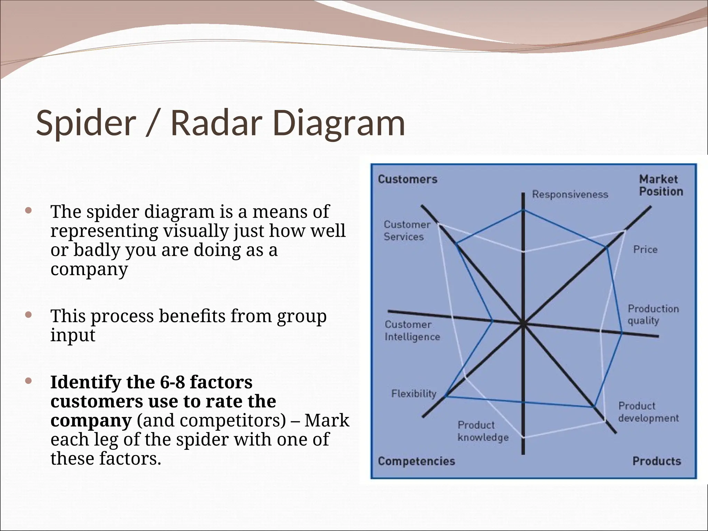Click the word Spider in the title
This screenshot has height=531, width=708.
click(86, 123)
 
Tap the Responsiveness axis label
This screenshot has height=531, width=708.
click(570, 194)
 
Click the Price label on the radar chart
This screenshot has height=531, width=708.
click(645, 250)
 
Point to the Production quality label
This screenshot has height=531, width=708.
click(653, 315)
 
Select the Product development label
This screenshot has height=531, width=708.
click(648, 412)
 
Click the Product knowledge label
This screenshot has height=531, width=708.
click(483, 431)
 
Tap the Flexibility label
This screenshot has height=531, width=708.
click(413, 394)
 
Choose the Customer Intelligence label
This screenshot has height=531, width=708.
click(412, 331)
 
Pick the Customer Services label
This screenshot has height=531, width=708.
click(407, 231)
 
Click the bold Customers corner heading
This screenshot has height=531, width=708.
click(407, 179)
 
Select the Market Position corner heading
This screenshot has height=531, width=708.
click(661, 186)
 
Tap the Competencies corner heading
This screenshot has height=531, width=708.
click(416, 461)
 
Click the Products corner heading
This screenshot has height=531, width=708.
click(656, 461)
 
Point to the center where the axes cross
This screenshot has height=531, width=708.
click(523, 324)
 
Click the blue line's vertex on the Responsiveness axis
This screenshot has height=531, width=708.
click(523, 210)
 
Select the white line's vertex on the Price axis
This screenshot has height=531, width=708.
click(625, 231)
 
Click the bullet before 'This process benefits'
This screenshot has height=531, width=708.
click(29, 315)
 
